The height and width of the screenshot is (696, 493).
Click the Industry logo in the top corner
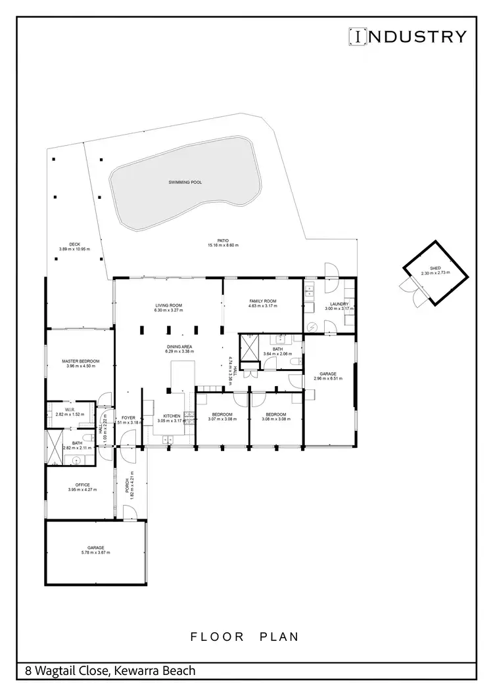coord(407,36)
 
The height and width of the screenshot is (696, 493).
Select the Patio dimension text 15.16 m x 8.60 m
coord(223,246)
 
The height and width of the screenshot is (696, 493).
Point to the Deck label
coord(74,244)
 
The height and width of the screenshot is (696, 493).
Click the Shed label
coord(434,268)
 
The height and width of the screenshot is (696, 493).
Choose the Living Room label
coord(168,306)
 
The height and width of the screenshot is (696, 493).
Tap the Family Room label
coord(262,301)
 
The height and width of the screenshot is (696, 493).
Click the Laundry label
coord(339,304)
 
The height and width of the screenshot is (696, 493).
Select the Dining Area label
coord(179,347)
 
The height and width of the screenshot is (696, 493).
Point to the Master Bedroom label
coord(81,361)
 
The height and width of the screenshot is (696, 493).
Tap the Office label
coord(82,485)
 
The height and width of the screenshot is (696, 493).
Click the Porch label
coord(126,485)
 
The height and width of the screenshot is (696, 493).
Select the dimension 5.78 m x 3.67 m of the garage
coord(96,553)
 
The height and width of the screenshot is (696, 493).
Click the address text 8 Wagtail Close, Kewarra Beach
coord(110,671)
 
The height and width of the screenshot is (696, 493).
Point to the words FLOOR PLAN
coord(245,636)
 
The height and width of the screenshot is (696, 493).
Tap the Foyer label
coord(128,418)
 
